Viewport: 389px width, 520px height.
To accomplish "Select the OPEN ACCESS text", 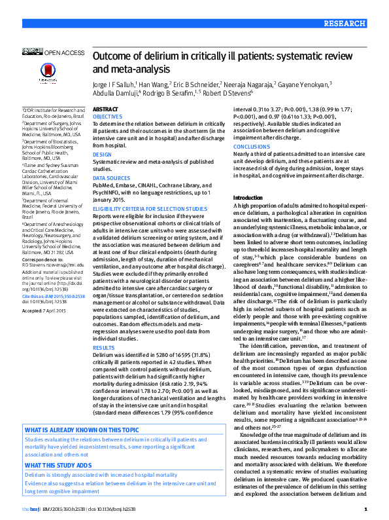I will [64, 51].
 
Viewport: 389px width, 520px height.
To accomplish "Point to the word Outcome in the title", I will [113, 57].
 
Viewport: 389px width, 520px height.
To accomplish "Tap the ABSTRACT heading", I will [105, 109].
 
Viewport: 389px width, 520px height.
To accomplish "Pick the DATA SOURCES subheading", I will [110, 178].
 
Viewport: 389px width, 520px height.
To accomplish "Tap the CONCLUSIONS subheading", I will [252, 147].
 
